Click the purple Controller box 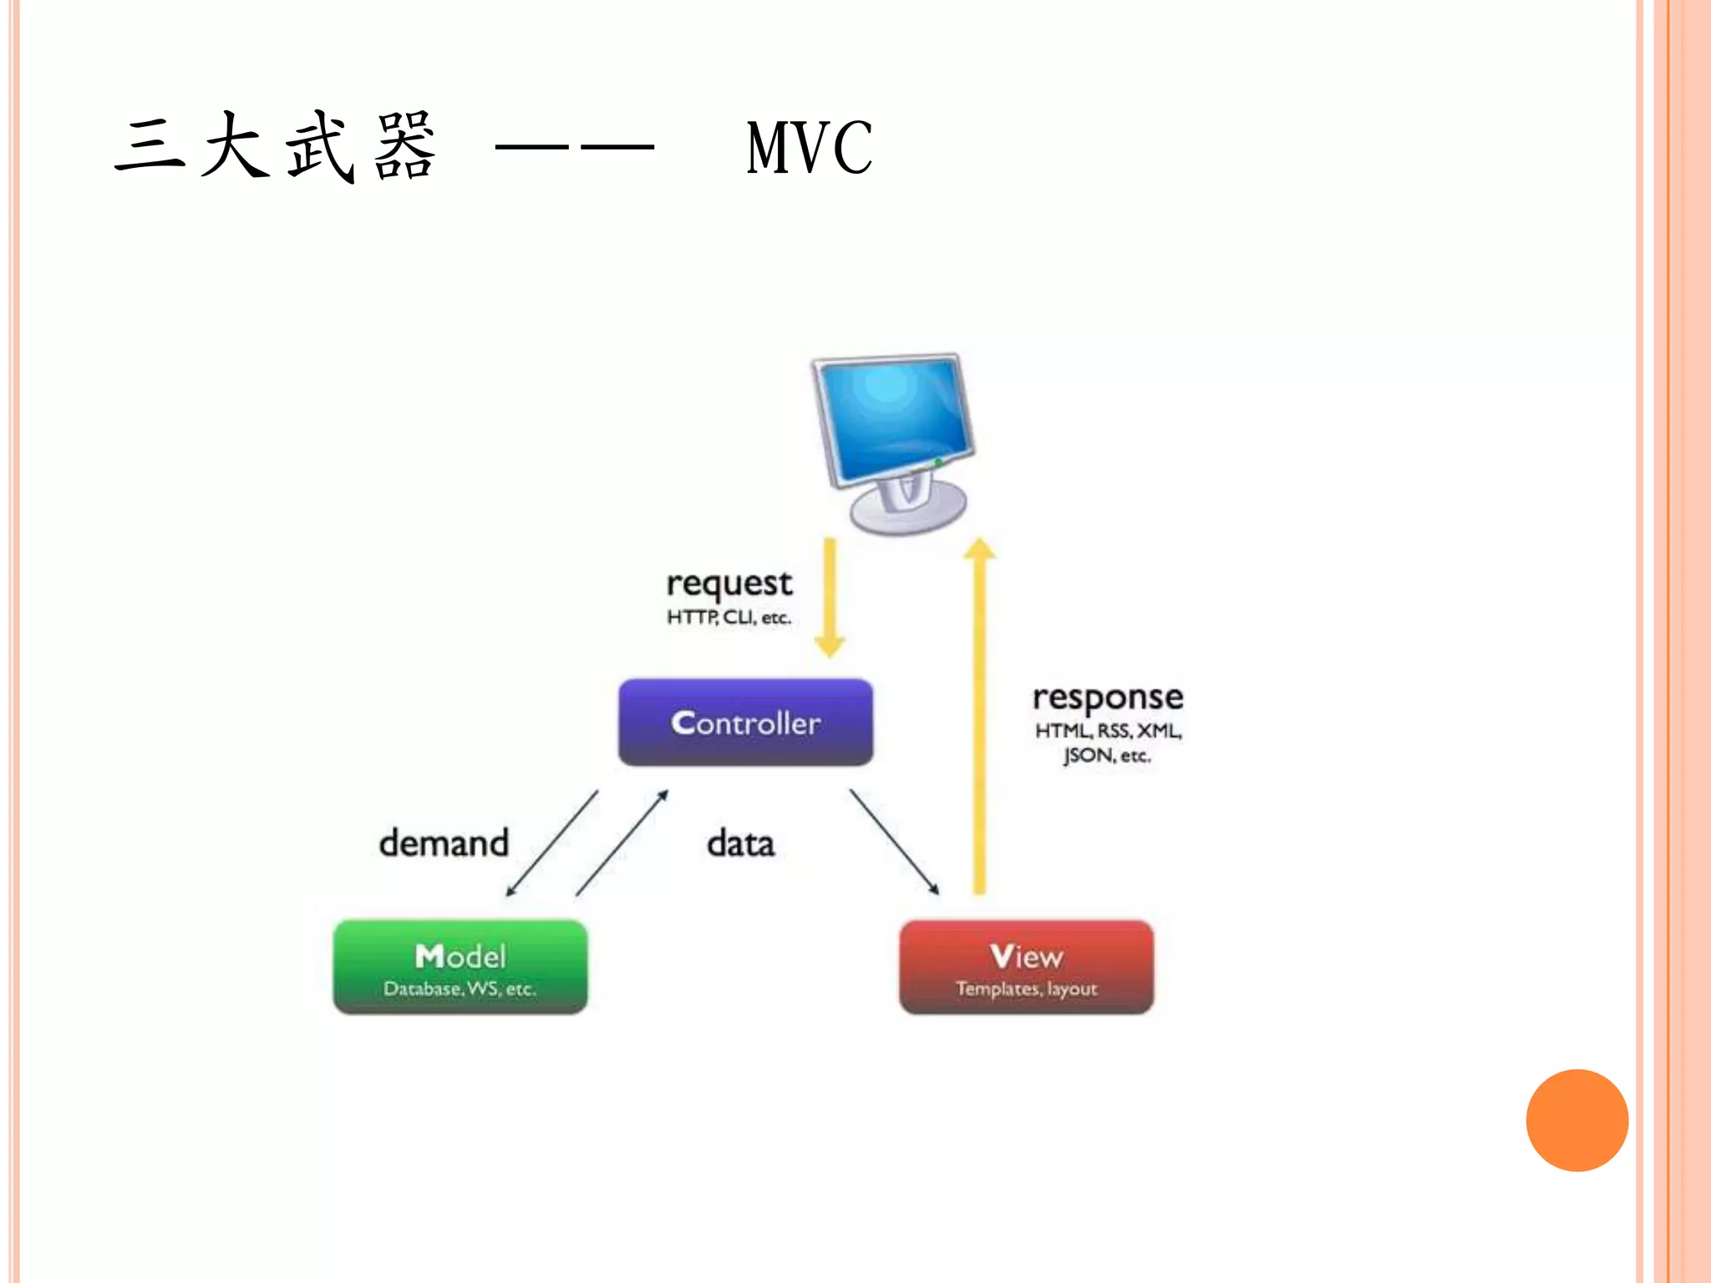pos(745,722)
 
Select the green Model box pos(459,966)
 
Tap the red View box pos(1026,966)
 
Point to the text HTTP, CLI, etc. pos(729,617)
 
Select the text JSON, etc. pos(1107,756)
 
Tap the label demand pos(444,843)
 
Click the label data pos(740,844)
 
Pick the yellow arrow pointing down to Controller pos(830,597)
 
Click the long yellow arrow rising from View pos(980,718)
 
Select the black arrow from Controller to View pos(894,842)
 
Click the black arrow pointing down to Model pos(551,844)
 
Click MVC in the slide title pos(809,148)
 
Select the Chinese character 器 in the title pos(405,148)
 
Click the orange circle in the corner pos(1576,1120)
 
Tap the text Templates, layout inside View pos(1026,989)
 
